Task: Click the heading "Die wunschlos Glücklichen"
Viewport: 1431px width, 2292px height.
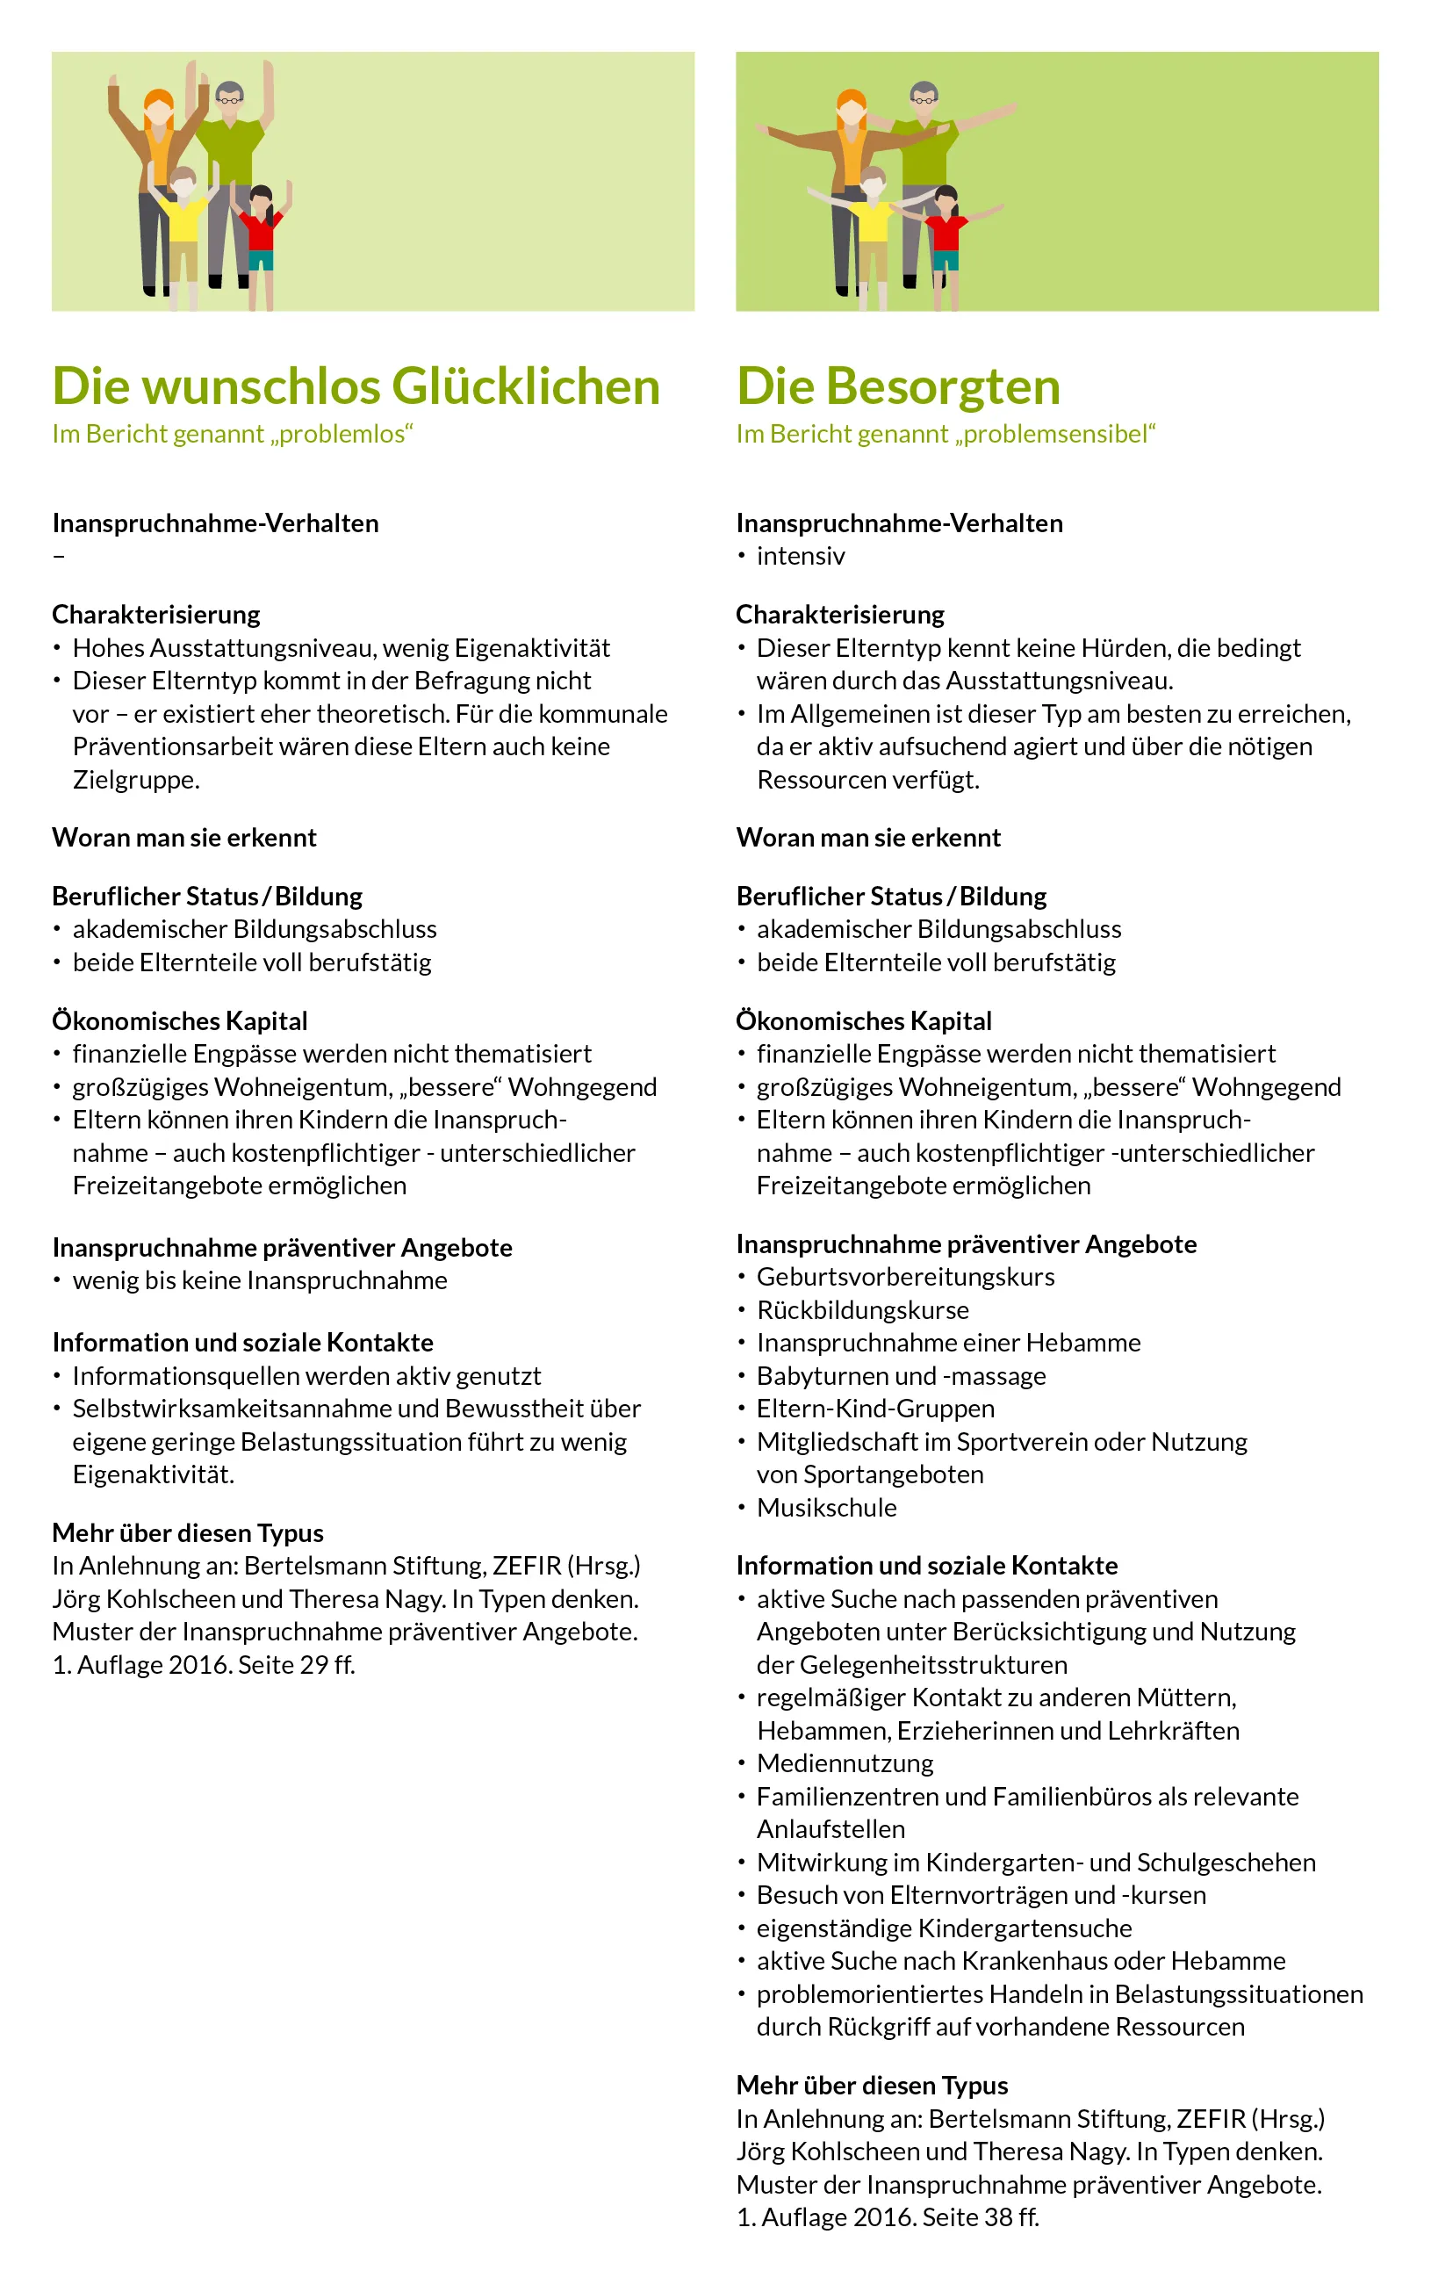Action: coord(356,386)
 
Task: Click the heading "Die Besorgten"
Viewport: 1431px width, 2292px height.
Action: coord(898,386)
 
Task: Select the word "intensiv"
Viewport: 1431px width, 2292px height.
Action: coord(801,556)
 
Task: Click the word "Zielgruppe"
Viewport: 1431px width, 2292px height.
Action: coord(134,780)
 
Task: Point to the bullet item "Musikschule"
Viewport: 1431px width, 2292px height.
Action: coord(826,1507)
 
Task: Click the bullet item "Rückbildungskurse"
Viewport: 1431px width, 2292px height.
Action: coord(862,1310)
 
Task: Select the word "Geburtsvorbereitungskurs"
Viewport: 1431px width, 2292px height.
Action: coord(905,1277)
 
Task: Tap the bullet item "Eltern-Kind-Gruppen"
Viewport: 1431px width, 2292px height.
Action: coord(875,1409)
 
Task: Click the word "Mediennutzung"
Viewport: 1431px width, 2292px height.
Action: coord(845,1763)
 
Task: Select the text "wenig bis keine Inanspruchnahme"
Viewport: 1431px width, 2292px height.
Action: coord(259,1281)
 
